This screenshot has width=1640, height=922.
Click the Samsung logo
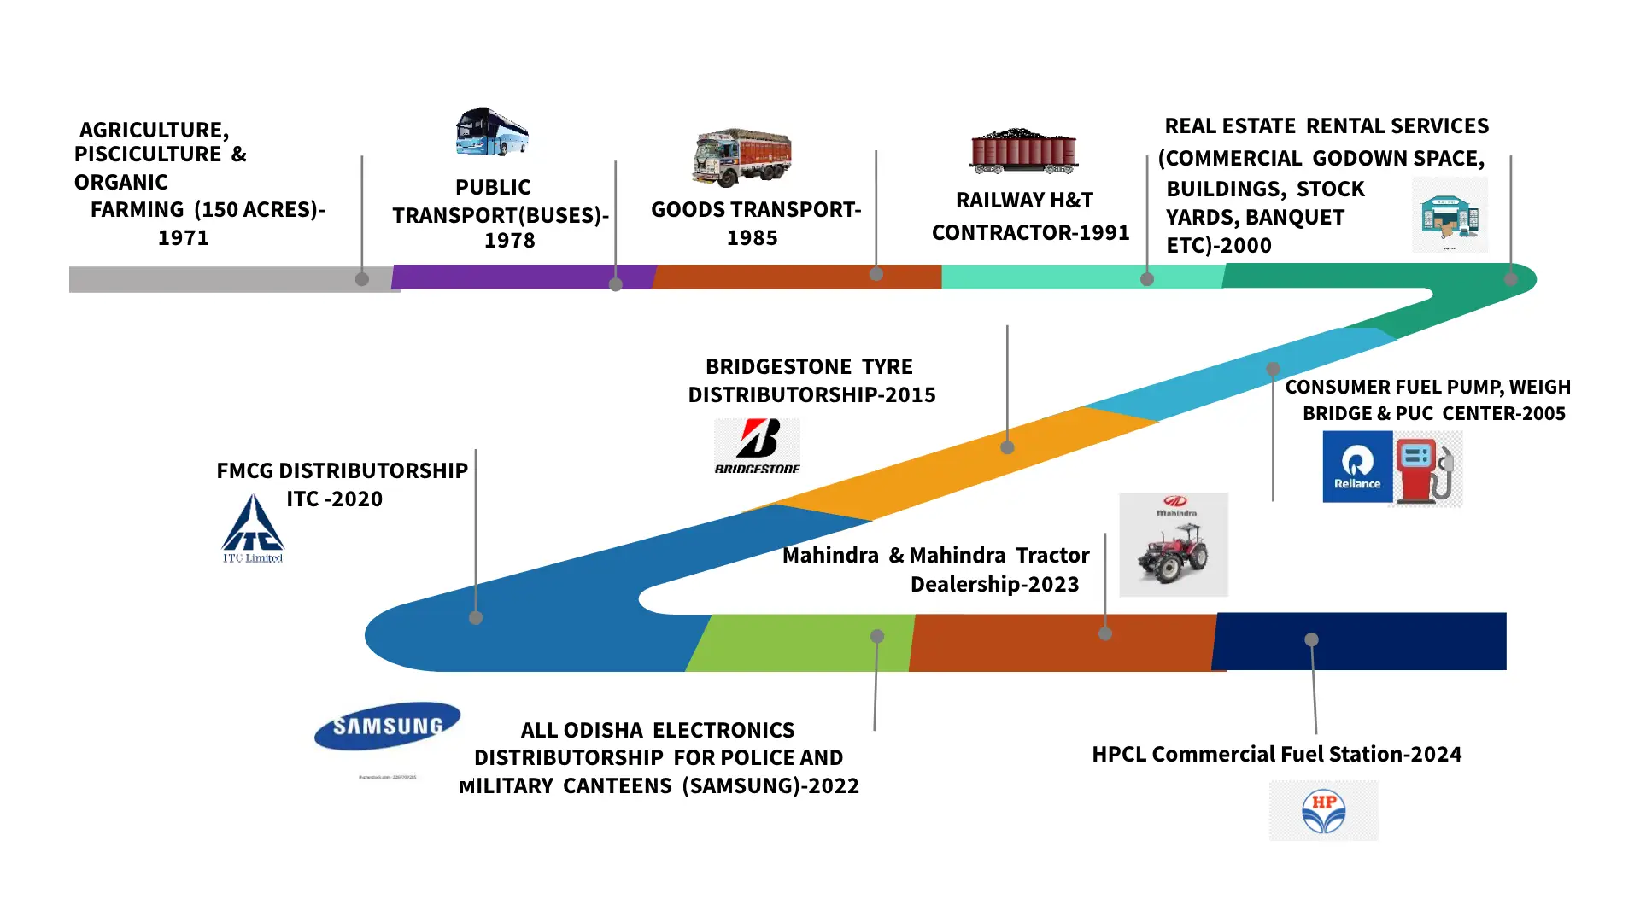point(388,726)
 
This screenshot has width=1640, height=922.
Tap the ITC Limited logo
point(253,529)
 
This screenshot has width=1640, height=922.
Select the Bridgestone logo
point(757,445)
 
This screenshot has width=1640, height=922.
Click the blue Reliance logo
point(1357,466)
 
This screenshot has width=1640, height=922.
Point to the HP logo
point(1323,810)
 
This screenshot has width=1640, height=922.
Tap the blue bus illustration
point(492,131)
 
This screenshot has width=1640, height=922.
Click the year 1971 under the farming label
point(184,237)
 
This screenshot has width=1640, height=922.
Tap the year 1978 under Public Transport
point(510,241)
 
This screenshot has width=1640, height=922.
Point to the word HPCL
point(1119,754)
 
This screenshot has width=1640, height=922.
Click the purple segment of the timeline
point(512,277)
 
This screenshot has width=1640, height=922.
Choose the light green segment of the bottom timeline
point(803,642)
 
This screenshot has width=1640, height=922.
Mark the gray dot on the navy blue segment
point(1312,639)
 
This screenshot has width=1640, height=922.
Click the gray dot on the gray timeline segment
point(362,279)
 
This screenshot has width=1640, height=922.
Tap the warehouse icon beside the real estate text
point(1450,215)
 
